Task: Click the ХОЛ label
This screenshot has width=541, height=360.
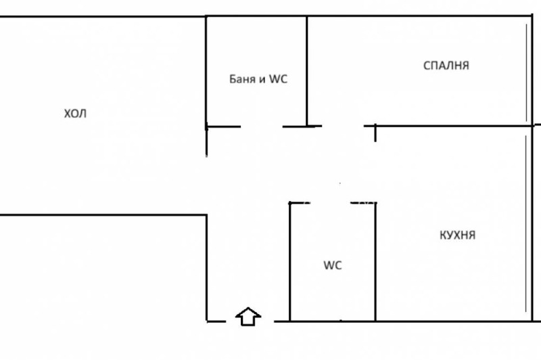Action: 75,114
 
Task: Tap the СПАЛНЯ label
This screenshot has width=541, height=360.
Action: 446,66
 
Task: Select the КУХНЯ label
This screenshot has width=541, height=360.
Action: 457,235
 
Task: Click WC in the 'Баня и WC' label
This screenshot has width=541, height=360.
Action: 278,79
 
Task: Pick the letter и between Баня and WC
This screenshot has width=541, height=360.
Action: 262,80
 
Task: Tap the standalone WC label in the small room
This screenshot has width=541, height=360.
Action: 332,266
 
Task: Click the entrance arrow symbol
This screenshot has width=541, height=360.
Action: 248,316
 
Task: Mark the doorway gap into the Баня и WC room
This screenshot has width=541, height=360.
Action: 262,126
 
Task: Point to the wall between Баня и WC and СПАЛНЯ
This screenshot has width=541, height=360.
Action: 307,71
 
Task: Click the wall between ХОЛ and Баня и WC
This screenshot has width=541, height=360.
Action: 206,71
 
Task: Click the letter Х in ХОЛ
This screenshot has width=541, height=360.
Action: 67,114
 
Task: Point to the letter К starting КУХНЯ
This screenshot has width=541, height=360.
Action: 442,235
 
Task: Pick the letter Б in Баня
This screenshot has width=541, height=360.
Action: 232,79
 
